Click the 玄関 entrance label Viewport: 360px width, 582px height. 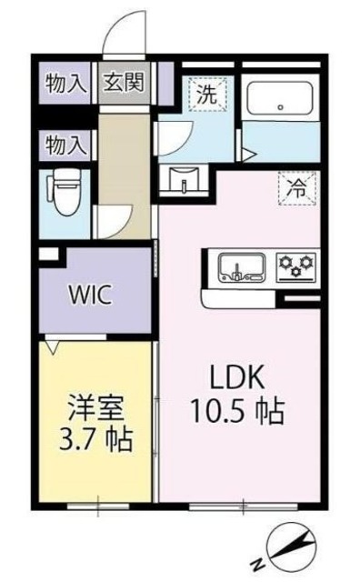pyautogui.click(x=121, y=85)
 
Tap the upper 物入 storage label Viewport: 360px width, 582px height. pyautogui.click(x=65, y=85)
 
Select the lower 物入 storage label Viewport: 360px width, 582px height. pyautogui.click(x=65, y=144)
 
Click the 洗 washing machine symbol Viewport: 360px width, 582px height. pyautogui.click(x=206, y=91)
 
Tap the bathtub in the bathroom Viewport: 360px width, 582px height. pyautogui.click(x=280, y=95)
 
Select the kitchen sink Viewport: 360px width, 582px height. pyautogui.click(x=240, y=267)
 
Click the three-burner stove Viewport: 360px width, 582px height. pyautogui.click(x=295, y=266)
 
